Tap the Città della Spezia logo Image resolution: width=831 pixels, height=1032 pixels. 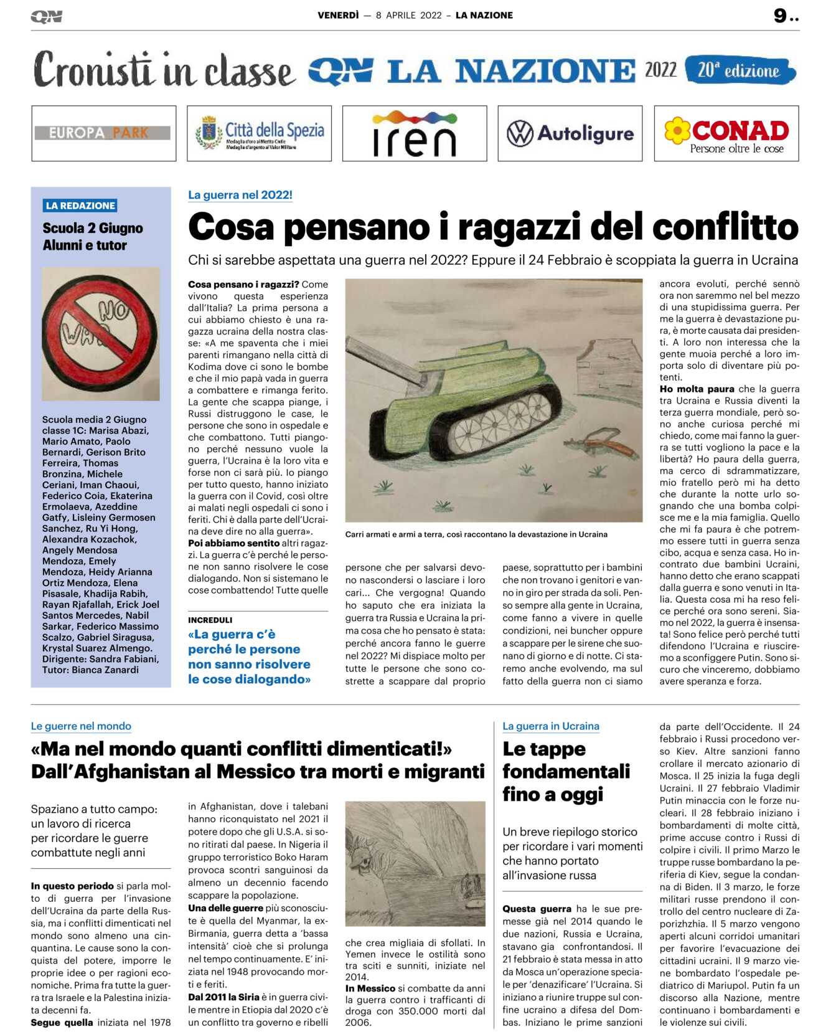259,133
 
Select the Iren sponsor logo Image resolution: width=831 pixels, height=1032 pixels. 414,133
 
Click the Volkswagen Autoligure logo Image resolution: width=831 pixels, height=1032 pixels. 570,133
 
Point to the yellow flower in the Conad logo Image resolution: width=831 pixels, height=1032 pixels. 677,131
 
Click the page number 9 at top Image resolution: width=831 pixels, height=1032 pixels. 780,16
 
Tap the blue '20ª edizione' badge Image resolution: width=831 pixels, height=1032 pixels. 739,70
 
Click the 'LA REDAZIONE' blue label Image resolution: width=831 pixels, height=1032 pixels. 80,206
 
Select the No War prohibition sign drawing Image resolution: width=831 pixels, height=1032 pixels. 101,333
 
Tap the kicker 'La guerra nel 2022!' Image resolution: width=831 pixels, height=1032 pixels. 240,195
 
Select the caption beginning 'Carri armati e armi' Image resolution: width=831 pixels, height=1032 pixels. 476,534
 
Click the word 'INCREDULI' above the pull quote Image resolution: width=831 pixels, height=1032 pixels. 210,620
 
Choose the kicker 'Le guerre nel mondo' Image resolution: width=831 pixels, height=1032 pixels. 81,726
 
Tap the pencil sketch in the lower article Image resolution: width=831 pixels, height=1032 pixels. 415,863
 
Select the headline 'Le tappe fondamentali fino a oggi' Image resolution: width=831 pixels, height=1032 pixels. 566,771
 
